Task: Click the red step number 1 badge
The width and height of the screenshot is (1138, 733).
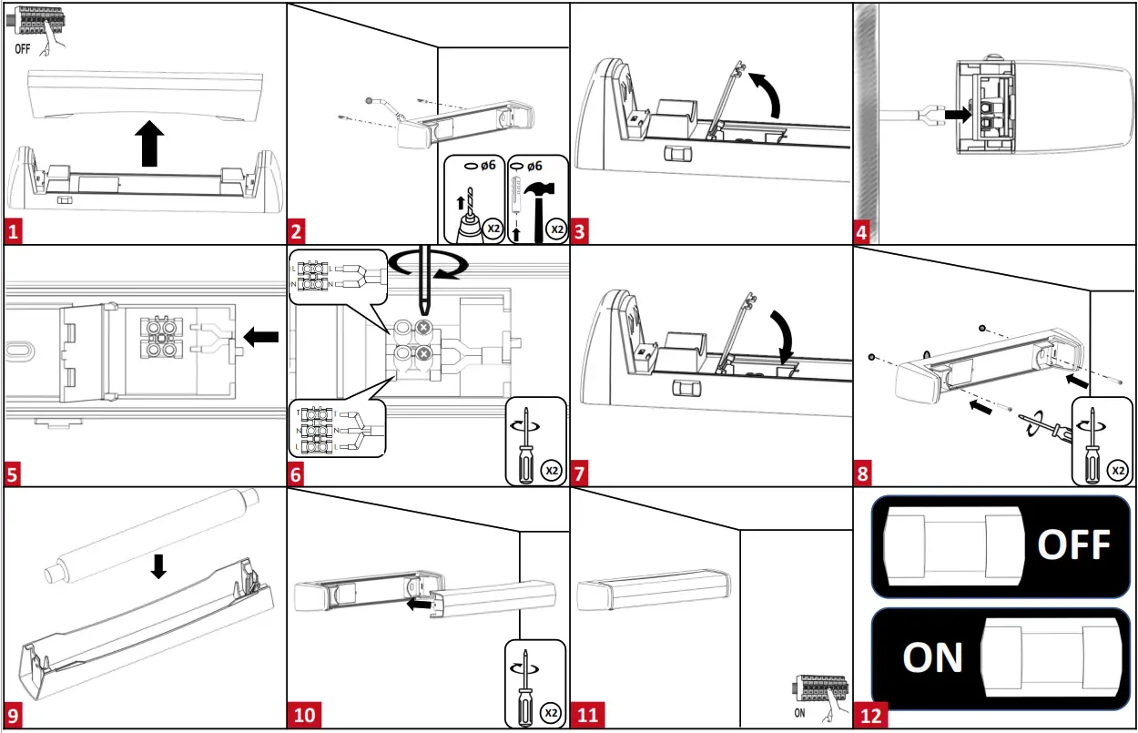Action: coord(13,231)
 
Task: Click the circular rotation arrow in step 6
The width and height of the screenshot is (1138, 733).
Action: coord(427,263)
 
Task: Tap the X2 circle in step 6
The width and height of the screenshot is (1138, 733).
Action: coord(550,471)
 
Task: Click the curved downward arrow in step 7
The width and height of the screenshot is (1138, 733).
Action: coord(780,334)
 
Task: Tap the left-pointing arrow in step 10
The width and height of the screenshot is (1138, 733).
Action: coord(418,603)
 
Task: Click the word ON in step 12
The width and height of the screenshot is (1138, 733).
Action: coord(932,657)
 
